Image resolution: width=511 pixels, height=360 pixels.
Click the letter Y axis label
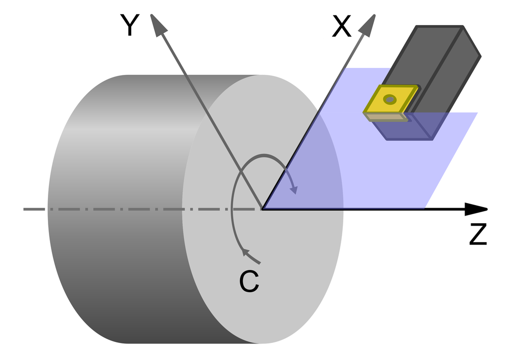[x=129, y=26]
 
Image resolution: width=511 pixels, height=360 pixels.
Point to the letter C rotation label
[x=249, y=283]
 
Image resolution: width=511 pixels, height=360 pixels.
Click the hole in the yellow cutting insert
[x=390, y=100]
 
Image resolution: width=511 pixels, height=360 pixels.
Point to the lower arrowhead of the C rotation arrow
[x=246, y=252]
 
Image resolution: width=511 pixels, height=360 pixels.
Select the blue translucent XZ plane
[x=379, y=170]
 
